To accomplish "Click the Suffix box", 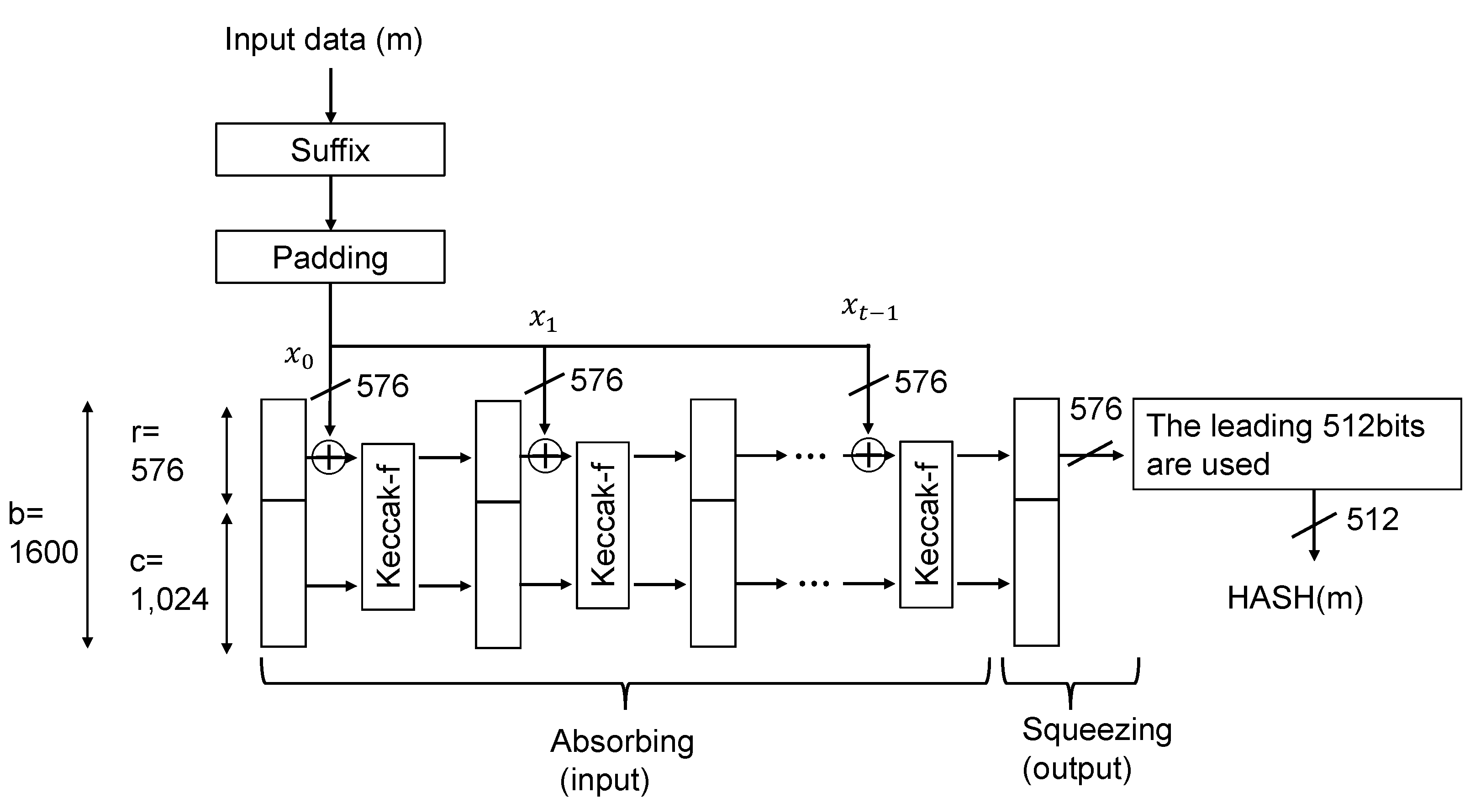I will coord(330,149).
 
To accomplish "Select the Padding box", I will coord(330,257).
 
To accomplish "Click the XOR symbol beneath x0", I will coord(329,457).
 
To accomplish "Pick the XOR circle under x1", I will coord(544,456).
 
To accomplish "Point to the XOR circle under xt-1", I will coord(868,455).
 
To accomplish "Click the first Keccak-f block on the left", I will coord(388,526).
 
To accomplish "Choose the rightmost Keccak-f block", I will coord(926,524).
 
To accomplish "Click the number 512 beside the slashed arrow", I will coord(1372,520).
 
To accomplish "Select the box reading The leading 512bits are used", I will coord(1296,444).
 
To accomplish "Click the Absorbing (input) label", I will coord(622,760).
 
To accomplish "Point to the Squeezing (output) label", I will coord(1096,748).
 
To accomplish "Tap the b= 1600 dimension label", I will coord(43,533).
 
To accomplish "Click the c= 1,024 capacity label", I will coord(169,580).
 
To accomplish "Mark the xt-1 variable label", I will coord(869,308).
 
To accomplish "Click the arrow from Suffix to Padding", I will coord(331,202).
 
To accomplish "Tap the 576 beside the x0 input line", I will coord(382,386).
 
